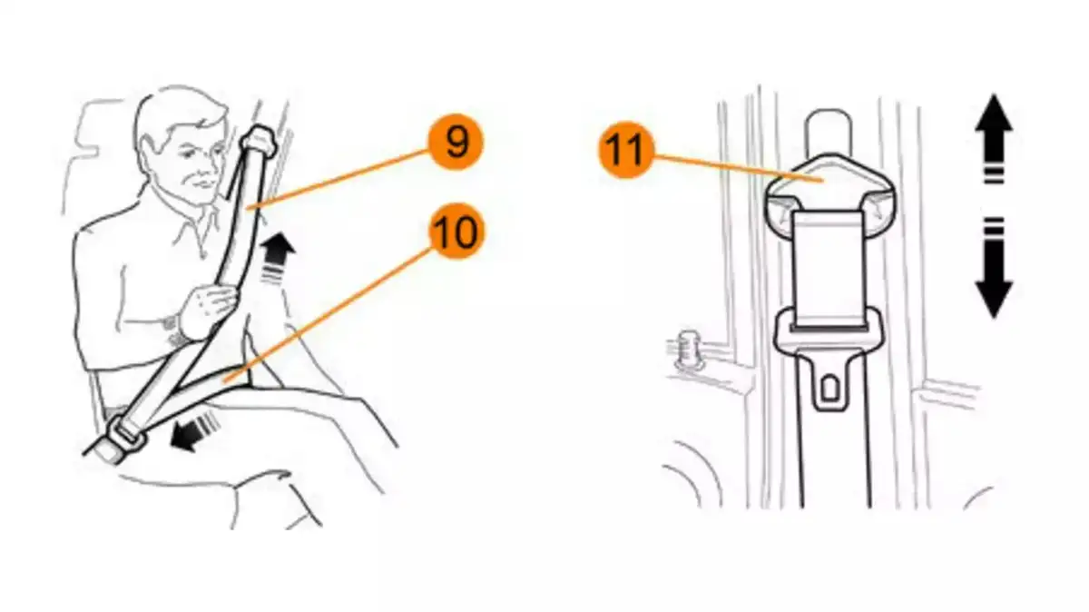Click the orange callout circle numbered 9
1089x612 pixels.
(456, 142)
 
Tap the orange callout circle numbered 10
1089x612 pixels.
(456, 232)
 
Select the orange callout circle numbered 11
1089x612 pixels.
(625, 149)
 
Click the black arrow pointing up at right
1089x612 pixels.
(994, 139)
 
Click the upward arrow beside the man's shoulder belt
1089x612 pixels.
(277, 256)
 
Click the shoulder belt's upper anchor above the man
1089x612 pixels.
(260, 139)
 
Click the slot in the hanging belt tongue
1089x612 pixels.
(829, 388)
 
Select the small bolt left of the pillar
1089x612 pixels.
(687, 350)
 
